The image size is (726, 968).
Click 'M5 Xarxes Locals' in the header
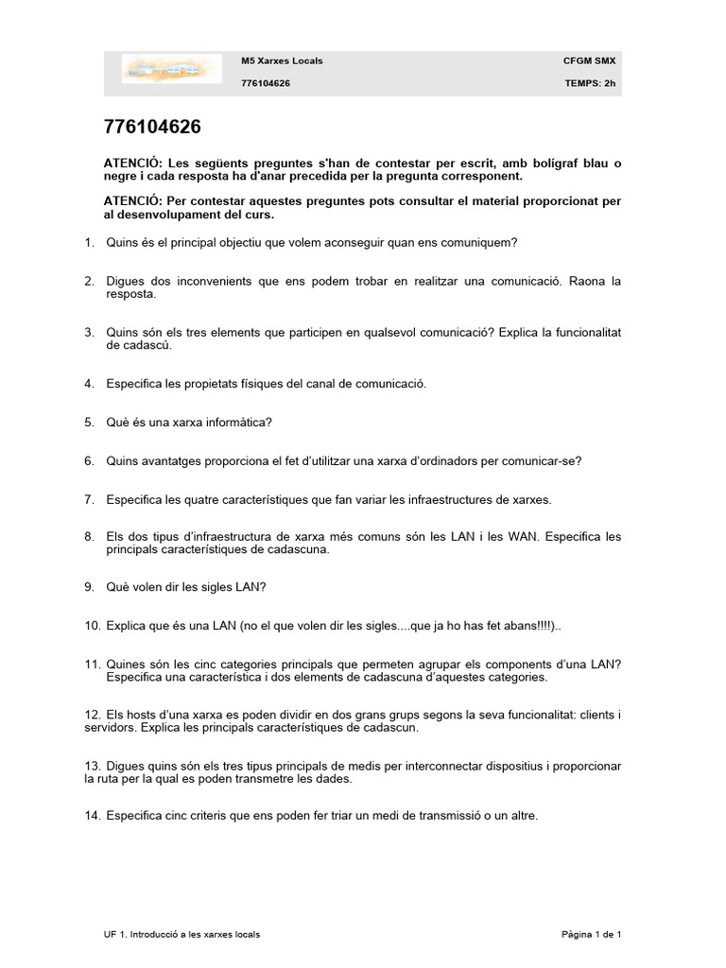[x=282, y=60]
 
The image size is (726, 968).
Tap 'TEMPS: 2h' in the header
[x=590, y=83]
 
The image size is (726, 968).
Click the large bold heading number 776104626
[x=152, y=128]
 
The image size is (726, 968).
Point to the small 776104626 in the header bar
[x=266, y=83]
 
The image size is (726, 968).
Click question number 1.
[x=89, y=243]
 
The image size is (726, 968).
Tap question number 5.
[x=89, y=423]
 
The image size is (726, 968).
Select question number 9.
[x=89, y=587]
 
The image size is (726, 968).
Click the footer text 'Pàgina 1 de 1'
[x=591, y=934]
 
